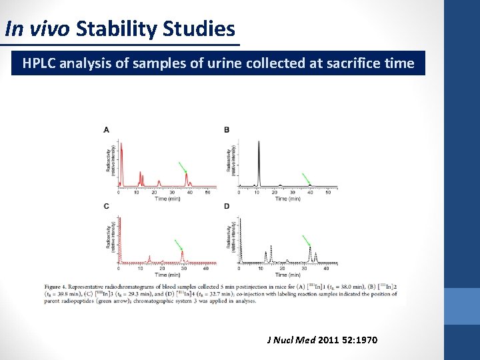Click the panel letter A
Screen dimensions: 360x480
(107, 129)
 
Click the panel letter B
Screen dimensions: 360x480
(227, 129)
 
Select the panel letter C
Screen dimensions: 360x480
(107, 207)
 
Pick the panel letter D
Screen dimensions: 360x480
(227, 207)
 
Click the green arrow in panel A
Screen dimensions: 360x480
(182, 167)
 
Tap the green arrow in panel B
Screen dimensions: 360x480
(306, 179)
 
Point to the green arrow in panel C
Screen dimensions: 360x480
(178, 245)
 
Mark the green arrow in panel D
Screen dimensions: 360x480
(306, 241)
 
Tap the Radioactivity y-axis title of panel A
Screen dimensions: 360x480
(109, 160)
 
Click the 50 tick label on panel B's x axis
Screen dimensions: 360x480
(323, 193)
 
